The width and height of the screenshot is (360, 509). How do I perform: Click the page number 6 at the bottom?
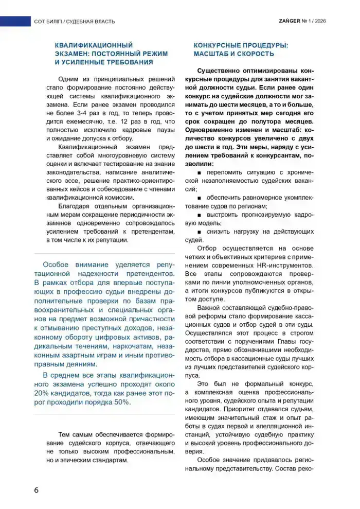(37, 489)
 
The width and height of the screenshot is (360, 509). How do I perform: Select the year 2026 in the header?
(320, 21)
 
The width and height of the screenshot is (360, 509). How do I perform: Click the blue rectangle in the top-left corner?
(15, 21)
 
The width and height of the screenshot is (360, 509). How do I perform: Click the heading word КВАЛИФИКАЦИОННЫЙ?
(94, 45)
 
